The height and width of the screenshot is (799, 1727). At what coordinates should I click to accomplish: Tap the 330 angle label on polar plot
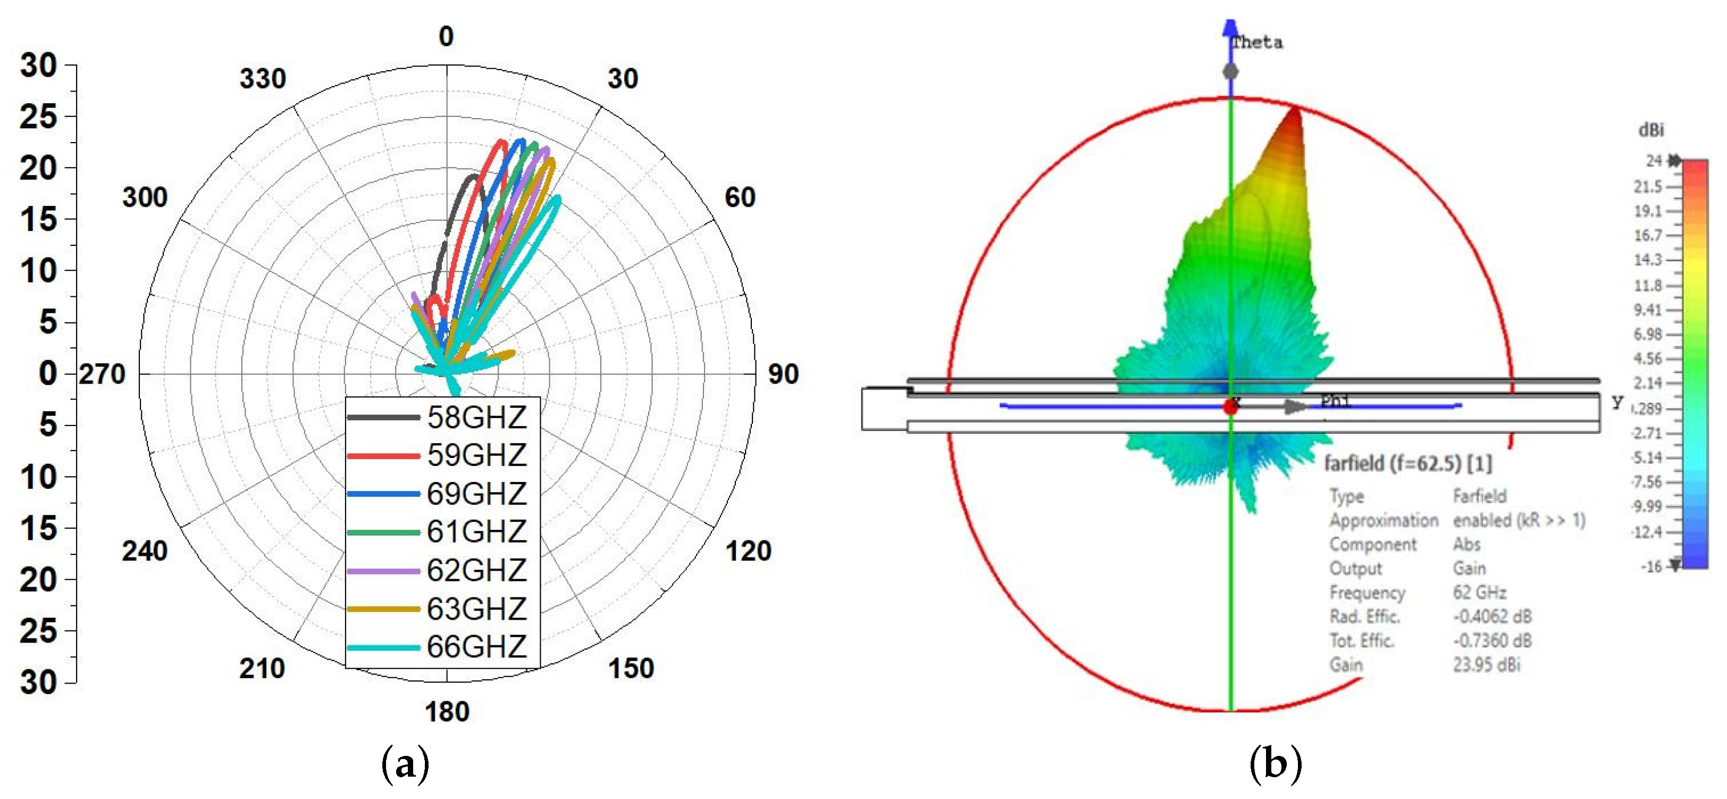pos(263,79)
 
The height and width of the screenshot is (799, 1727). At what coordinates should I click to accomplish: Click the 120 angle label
pos(748,551)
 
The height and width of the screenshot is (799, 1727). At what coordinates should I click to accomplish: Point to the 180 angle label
pos(447,712)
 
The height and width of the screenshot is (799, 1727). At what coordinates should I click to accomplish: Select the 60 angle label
pos(740,197)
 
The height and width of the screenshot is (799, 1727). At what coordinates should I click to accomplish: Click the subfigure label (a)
pos(405,764)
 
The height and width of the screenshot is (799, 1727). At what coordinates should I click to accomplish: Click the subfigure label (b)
pos(1276,764)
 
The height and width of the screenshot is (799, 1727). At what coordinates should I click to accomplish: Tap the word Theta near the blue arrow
pos(1257,42)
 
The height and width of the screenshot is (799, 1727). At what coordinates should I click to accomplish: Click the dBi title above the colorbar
pos(1650,129)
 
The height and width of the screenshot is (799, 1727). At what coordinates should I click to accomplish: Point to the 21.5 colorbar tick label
pos(1648,187)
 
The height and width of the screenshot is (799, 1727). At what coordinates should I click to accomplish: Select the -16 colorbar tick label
pos(1650,567)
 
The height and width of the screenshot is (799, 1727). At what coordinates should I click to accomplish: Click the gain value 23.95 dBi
pos(1486,665)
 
